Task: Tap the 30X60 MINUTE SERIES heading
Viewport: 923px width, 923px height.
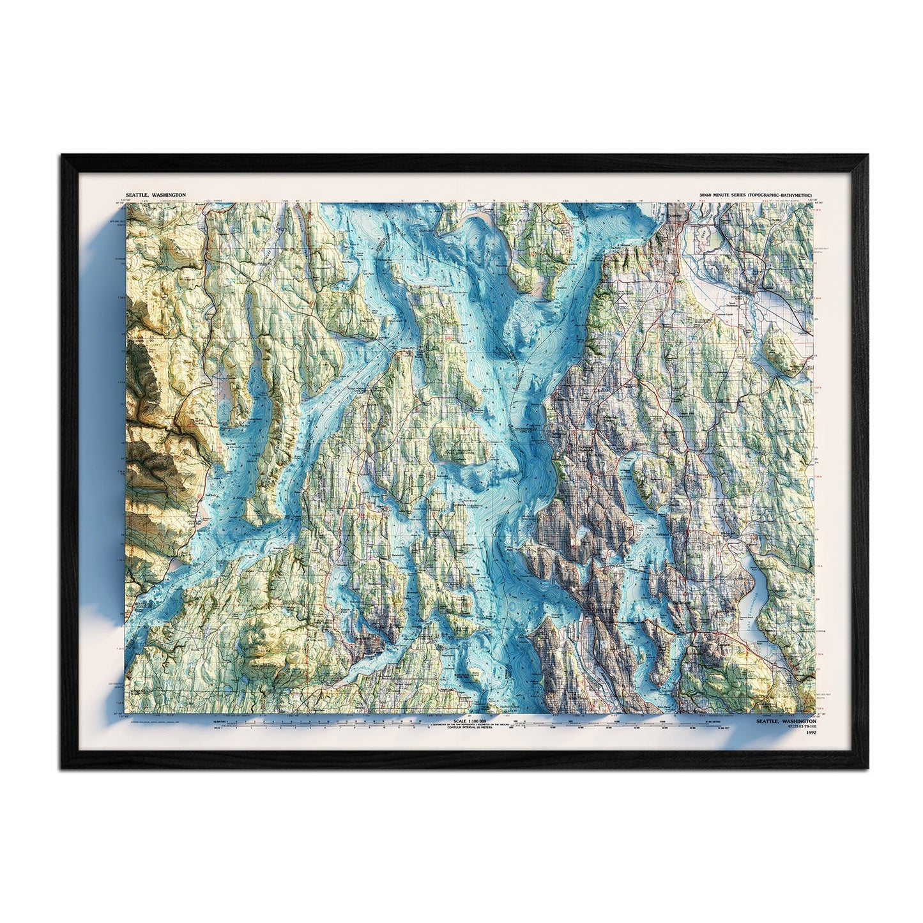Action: click(757, 194)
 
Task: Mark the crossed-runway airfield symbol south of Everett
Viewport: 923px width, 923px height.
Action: click(623, 296)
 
